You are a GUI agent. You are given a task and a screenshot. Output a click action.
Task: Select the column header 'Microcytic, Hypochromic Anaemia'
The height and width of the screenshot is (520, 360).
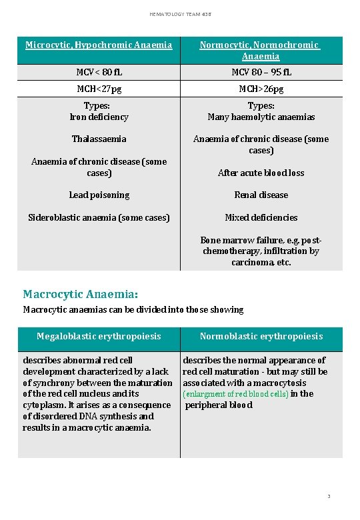99,45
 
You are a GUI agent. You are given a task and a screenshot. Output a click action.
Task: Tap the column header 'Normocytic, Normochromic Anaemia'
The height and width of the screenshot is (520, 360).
261,51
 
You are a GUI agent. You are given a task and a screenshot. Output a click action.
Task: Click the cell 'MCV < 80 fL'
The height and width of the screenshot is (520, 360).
99,72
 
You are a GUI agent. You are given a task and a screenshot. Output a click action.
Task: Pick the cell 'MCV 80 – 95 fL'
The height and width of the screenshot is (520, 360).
261,72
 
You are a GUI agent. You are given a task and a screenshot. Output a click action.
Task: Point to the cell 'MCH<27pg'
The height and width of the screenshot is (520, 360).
99,89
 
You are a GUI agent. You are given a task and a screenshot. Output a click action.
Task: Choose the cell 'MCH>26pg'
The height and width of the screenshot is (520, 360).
261,89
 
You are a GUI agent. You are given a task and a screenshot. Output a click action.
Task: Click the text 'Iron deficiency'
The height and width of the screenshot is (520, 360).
99,117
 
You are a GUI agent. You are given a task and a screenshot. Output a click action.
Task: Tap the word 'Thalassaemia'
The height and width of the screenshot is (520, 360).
99,139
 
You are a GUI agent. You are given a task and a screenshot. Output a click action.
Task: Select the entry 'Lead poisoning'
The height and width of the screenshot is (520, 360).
99,195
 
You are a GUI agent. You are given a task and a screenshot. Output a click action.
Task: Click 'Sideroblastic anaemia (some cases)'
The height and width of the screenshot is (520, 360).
99,217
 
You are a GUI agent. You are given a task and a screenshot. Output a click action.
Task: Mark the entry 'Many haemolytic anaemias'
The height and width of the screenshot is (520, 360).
261,117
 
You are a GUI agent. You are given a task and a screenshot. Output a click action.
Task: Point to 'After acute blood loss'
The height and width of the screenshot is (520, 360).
261,173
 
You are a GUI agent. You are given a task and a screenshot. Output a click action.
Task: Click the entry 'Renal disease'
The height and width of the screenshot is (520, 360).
261,195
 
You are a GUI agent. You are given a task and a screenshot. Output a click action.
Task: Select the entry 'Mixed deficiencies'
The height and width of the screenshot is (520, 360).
261,217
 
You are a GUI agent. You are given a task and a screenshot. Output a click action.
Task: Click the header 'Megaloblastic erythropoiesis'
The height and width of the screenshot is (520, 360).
99,337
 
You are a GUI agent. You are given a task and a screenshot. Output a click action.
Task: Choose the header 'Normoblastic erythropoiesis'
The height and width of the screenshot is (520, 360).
261,337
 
